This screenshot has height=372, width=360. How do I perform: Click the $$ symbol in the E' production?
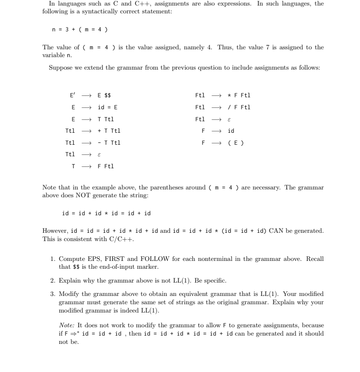(108, 95)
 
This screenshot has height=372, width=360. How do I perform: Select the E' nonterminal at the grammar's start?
(72, 95)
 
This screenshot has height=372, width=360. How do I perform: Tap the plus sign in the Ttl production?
(99, 131)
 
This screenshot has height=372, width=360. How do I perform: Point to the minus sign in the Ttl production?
(99, 143)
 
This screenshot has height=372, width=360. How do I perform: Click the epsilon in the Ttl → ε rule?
(99, 155)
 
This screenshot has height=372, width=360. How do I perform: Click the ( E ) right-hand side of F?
(236, 143)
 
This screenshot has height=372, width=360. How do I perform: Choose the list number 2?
(52, 280)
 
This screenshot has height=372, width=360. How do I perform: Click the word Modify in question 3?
(70, 294)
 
